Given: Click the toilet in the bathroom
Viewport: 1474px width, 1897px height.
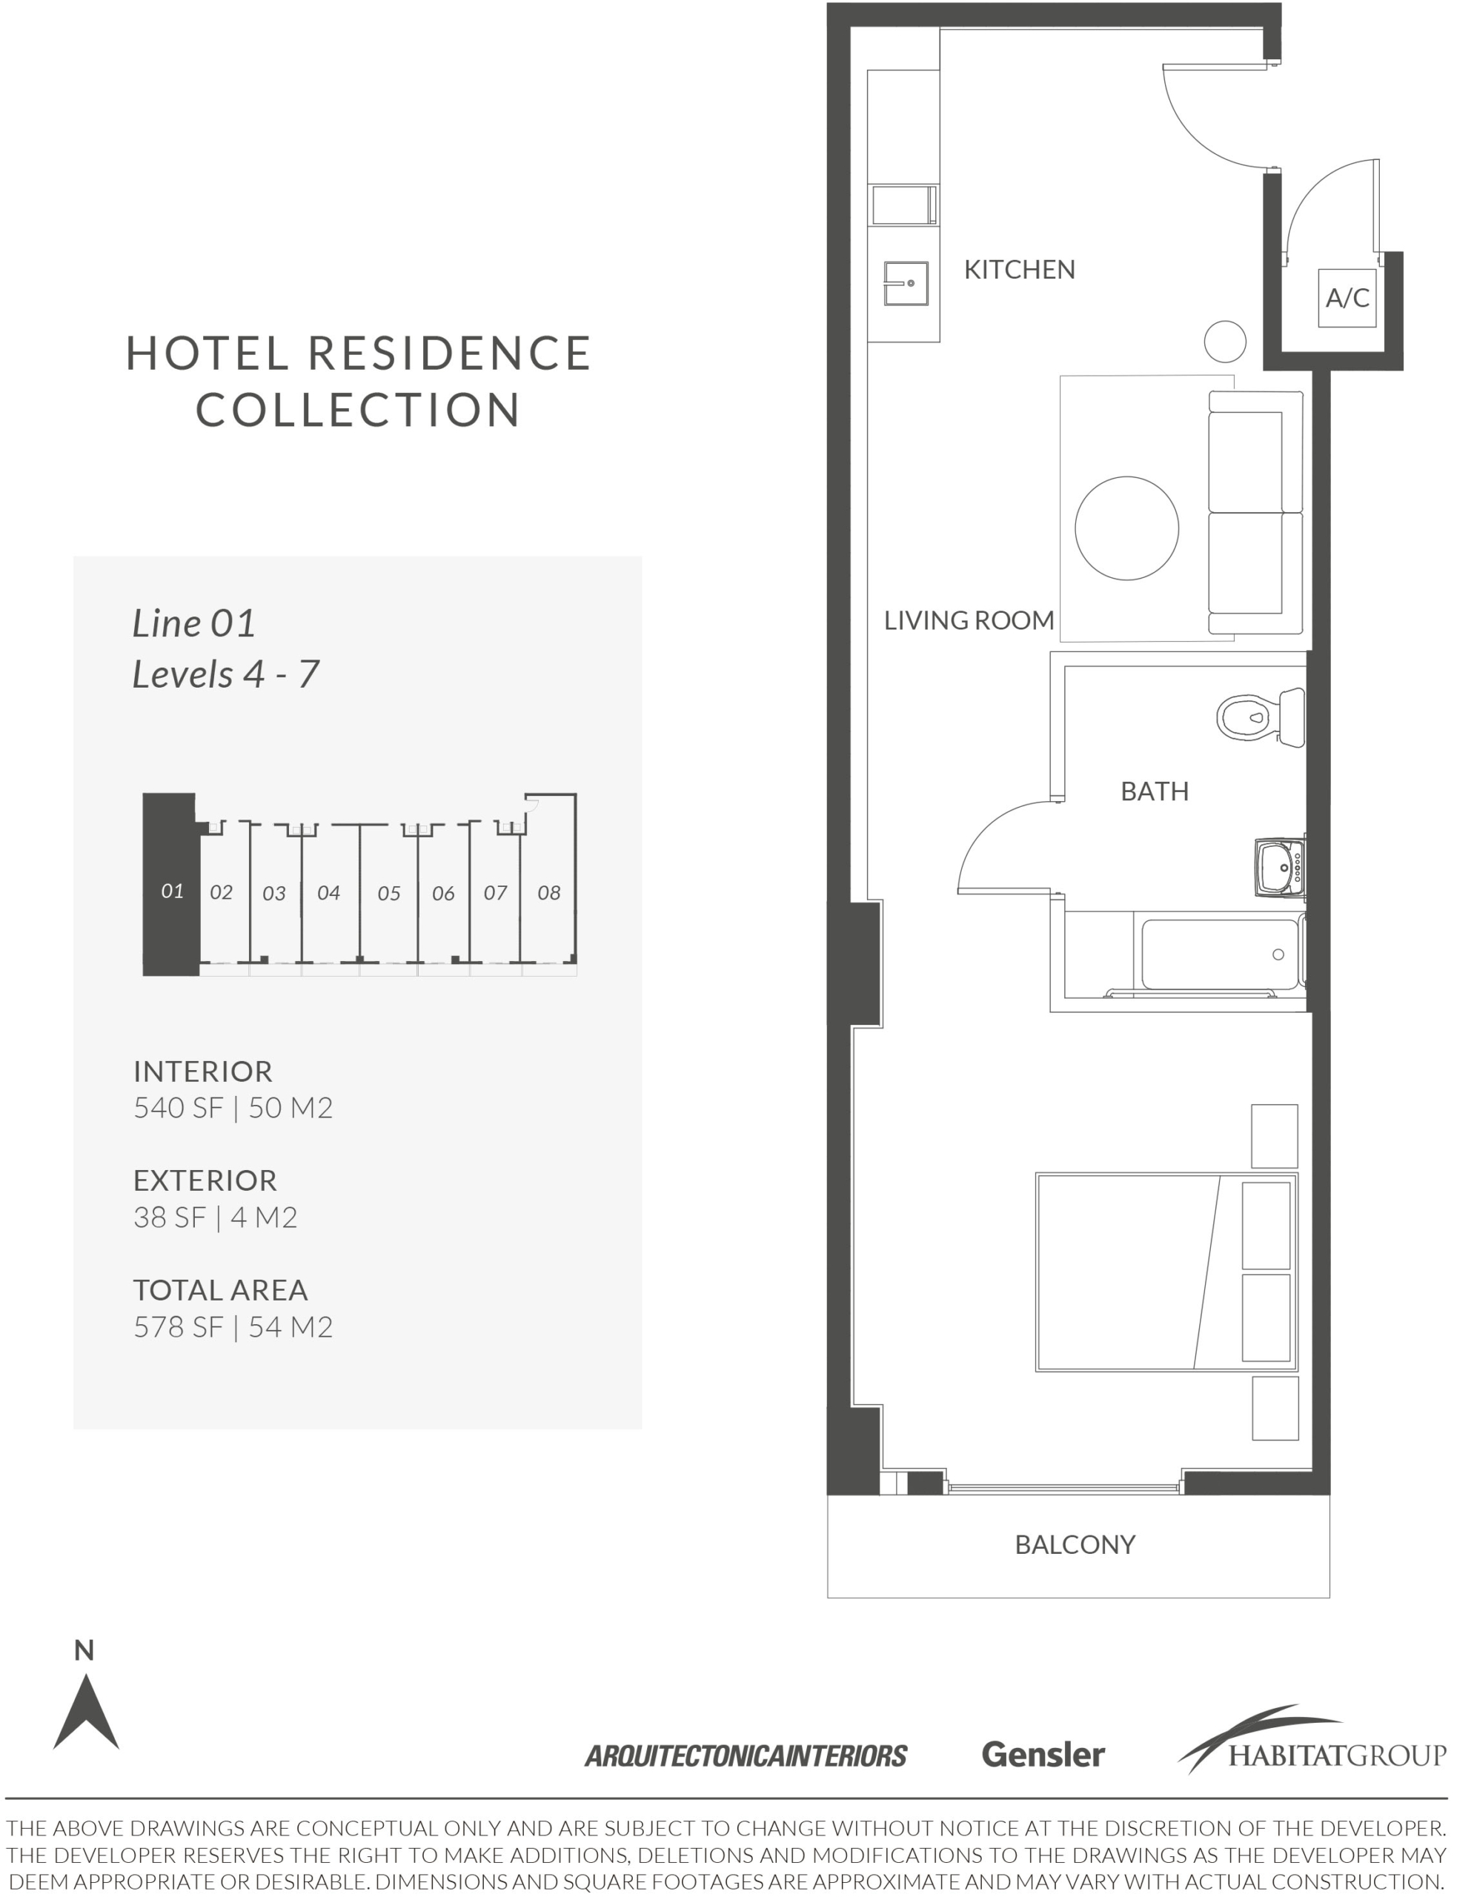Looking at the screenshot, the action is click(1261, 716).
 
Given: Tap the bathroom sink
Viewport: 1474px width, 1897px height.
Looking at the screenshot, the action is click(1281, 866).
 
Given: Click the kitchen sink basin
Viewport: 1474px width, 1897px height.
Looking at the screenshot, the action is click(906, 283).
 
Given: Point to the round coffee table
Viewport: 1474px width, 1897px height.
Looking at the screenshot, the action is click(1126, 528).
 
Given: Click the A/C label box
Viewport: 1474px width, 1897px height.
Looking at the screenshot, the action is click(1347, 298).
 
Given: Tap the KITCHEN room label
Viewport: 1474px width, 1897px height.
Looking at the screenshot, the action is click(1020, 270).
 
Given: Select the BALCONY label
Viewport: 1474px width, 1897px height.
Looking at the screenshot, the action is click(1075, 1544).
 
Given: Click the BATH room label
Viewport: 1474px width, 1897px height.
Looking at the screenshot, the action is click(1155, 791).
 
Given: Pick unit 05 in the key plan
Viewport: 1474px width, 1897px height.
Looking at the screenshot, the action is click(389, 893).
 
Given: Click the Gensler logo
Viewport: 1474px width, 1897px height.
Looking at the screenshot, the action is click(1043, 1755).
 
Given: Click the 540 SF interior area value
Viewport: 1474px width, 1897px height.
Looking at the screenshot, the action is click(179, 1109).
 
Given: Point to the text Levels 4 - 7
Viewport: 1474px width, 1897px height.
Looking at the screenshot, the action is click(226, 675).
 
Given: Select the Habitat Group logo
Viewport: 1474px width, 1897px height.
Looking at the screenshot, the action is click(1312, 1740).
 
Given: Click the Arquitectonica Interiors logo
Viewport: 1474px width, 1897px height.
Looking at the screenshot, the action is click(746, 1756).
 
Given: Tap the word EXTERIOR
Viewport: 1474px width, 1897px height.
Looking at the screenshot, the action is click(205, 1180).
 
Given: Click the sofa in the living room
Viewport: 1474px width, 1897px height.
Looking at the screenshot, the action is click(1256, 513).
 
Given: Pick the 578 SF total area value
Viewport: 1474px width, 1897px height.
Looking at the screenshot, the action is click(179, 1327).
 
